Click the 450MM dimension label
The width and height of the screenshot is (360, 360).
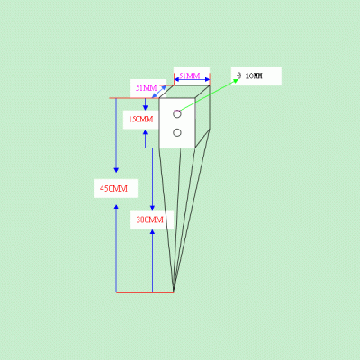113,189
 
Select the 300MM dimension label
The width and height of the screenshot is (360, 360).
149,220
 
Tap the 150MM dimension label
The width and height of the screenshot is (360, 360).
141,120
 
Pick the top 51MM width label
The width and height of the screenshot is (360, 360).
190,76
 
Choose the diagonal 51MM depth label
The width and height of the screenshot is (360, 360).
147,88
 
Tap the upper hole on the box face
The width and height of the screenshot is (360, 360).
177,114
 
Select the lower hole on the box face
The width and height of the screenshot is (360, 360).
177,132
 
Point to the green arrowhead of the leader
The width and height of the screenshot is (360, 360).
236,81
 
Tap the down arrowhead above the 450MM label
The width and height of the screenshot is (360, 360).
116,170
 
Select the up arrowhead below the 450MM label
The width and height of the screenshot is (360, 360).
116,207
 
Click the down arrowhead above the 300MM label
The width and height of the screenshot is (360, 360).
152,208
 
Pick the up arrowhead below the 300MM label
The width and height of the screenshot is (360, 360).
152,232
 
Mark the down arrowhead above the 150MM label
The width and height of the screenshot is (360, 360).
145,108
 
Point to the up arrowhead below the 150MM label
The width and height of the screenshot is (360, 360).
145,132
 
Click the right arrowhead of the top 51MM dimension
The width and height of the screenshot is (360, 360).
207,79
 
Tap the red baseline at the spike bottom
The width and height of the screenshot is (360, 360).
145,292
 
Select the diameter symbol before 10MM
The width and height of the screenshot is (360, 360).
238,76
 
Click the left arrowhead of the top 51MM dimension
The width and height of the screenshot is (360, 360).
176,79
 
